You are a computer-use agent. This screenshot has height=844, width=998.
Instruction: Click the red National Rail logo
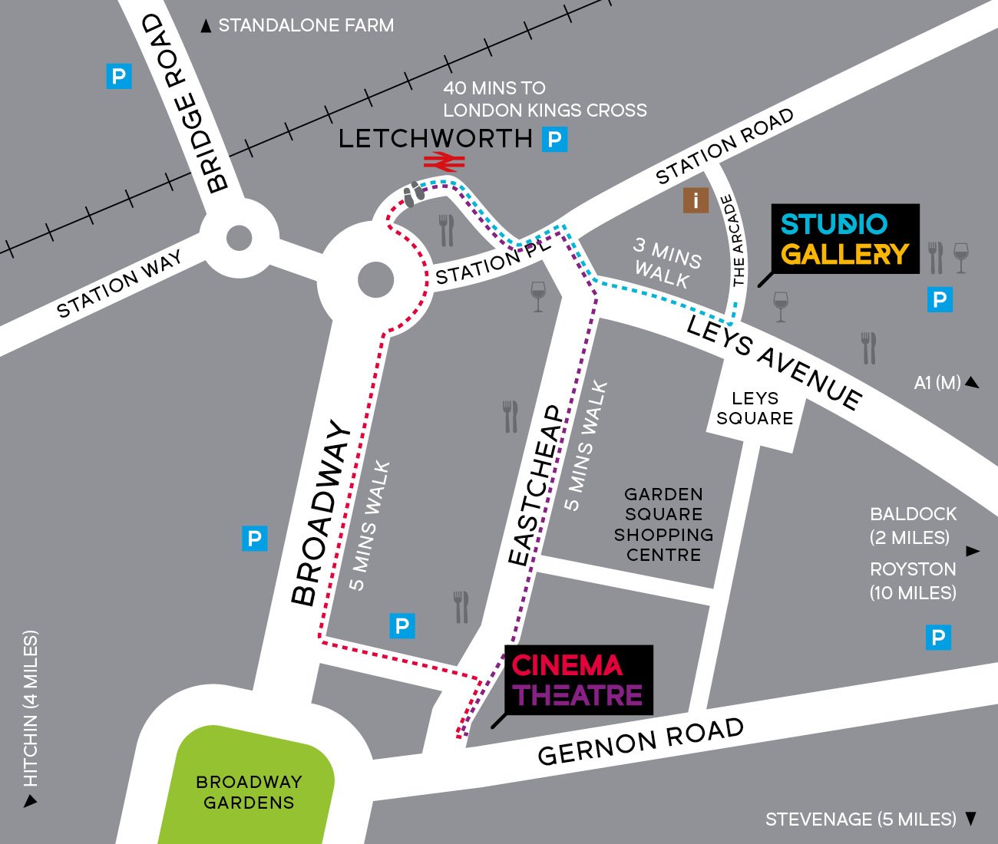coord(443,161)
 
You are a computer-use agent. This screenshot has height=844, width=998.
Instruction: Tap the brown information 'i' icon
coord(696,201)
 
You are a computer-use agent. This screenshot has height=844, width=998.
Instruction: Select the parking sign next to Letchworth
coord(554,140)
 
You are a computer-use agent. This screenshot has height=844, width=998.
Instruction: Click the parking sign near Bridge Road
coord(118,77)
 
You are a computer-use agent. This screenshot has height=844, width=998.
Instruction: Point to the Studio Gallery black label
coord(844,239)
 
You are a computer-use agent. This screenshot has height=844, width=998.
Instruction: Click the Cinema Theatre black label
coord(578,680)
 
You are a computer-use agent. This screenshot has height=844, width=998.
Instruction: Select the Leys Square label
coord(755,408)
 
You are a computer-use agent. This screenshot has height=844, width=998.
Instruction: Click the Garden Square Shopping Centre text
coord(663,524)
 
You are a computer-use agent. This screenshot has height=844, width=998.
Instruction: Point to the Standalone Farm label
coord(306,26)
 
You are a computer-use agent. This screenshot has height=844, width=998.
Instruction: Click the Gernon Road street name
coord(640,741)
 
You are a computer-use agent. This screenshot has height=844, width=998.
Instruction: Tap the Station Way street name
coord(120,284)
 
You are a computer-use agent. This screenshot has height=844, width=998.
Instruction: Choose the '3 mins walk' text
coord(666,262)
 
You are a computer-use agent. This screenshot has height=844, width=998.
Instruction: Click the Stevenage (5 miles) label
coord(861,819)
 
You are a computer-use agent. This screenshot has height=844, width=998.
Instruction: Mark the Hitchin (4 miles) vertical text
coord(30,710)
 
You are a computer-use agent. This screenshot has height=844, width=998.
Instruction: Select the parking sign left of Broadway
coord(254,539)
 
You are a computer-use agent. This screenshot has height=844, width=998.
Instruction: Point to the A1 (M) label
coord(937,382)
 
